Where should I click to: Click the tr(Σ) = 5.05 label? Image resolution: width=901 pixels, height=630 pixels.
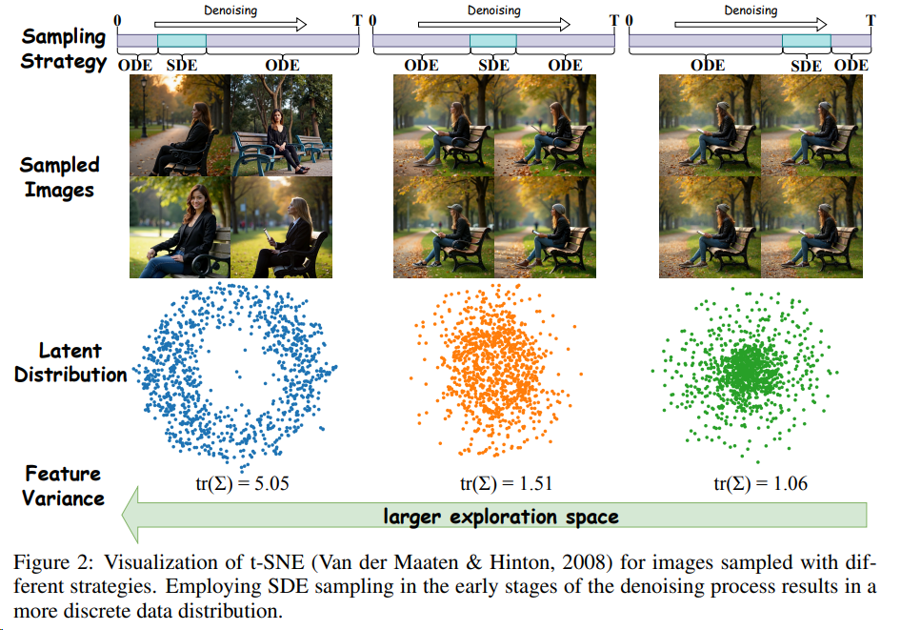point(235,484)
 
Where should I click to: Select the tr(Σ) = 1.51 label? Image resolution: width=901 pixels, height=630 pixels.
point(506,484)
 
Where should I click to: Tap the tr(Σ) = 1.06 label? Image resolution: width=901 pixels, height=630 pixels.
point(761,484)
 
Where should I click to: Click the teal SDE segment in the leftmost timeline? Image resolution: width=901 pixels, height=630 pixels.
point(181,41)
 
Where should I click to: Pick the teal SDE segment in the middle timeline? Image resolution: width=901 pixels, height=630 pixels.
point(493,41)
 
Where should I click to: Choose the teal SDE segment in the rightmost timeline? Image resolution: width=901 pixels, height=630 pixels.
point(806,41)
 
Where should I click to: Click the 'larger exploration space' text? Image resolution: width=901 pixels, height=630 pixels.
point(501,517)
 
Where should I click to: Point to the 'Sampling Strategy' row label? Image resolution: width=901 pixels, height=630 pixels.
point(64,50)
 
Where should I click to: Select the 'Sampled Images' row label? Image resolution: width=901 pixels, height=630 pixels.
point(59,177)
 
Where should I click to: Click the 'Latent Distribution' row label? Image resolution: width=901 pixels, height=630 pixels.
point(70,363)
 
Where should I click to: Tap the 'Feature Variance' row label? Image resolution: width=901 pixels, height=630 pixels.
point(64,485)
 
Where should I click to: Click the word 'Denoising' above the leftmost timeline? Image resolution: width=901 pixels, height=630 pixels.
point(230,10)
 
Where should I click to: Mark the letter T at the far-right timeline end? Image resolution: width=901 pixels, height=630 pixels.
point(871,19)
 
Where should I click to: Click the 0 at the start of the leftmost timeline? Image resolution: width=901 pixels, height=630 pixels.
point(116,19)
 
